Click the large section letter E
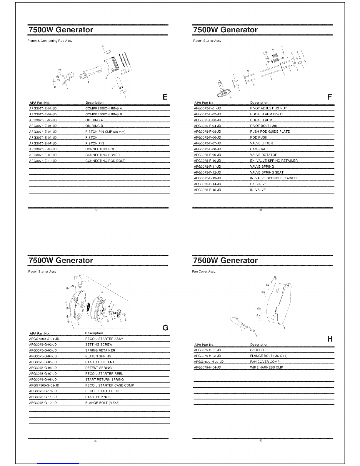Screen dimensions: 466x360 (165, 97)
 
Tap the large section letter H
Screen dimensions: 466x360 (330, 339)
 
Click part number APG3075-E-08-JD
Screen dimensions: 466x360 (43, 149)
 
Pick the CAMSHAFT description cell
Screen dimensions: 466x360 (259, 149)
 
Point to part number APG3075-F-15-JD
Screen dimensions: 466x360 (207, 190)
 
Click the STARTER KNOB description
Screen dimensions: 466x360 (98, 397)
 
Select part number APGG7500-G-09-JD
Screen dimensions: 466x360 (44, 385)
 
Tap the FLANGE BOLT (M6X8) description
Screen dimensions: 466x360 (102, 403)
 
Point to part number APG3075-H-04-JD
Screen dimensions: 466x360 (207, 367)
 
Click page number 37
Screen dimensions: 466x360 (96, 210)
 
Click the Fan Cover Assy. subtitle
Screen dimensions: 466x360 (204, 272)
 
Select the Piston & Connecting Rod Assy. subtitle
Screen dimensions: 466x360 (50, 41)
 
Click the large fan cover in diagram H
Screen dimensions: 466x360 (279, 303)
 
